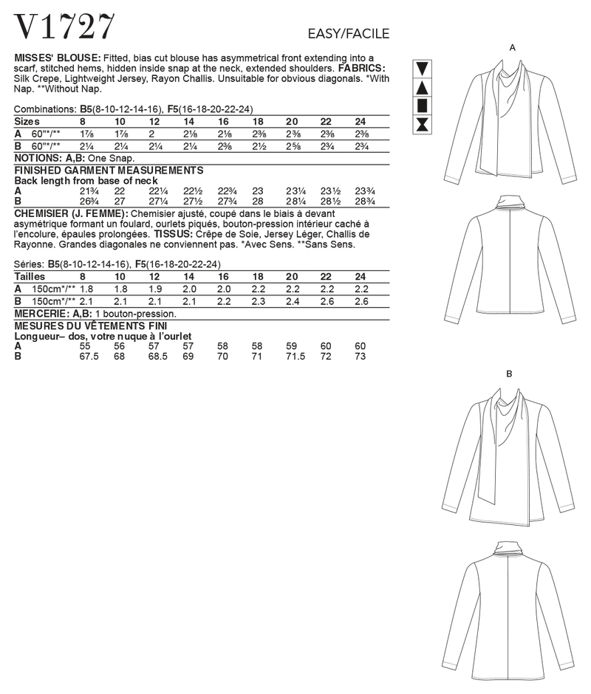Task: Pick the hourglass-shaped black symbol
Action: pos(423,124)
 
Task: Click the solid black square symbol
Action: pos(423,106)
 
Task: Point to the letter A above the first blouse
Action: pos(512,47)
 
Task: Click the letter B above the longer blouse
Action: pos(509,374)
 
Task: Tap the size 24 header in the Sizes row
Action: pos(360,121)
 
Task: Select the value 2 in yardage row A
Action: pos(152,134)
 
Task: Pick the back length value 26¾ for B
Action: pos(88,200)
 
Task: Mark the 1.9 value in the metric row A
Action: pos(154,289)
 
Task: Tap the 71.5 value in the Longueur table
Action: pos(294,356)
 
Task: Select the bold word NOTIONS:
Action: pos(38,158)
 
